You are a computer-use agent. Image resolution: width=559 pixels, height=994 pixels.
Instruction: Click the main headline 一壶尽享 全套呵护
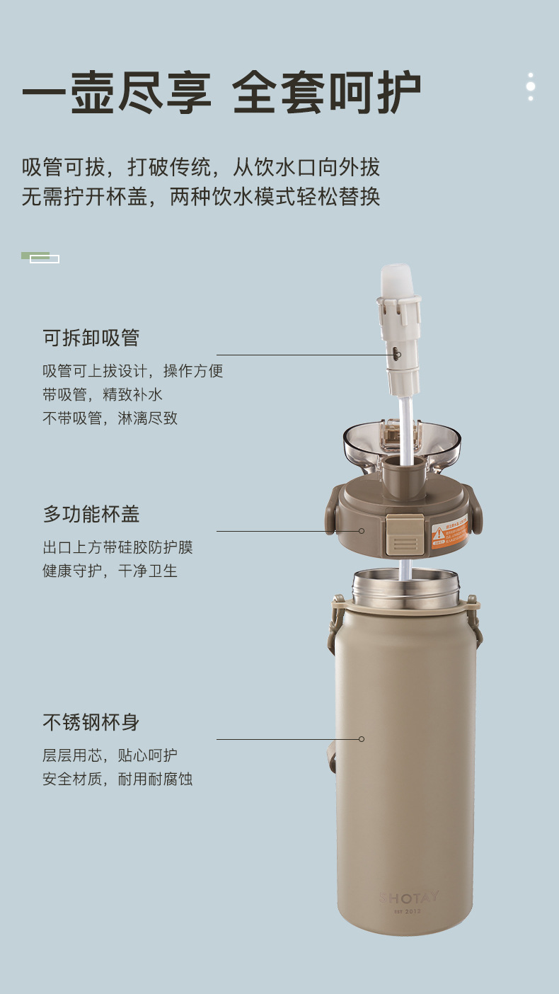221,93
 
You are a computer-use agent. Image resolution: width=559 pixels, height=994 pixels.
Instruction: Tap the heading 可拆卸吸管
91,338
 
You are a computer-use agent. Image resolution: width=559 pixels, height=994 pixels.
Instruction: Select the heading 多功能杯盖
91,514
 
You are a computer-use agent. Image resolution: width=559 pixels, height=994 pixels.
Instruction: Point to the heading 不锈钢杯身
91,723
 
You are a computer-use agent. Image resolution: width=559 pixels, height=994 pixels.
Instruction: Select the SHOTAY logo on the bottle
408,897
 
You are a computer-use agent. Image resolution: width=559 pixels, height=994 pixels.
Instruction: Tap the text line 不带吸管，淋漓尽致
110,418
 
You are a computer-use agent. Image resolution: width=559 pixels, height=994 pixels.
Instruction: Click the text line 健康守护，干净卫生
110,571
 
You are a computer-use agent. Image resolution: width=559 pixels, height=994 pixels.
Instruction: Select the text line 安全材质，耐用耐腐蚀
117,779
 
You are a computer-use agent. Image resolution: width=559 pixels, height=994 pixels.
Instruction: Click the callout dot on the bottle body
362,739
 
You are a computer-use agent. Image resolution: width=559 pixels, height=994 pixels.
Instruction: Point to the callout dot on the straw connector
398,355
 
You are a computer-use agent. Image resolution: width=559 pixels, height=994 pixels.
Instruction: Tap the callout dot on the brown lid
362,531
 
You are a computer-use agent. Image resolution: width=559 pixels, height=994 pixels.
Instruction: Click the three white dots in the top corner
531,86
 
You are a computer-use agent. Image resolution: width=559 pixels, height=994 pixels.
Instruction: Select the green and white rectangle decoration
40,257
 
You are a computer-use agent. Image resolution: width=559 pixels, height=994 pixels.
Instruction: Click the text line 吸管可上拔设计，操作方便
133,371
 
